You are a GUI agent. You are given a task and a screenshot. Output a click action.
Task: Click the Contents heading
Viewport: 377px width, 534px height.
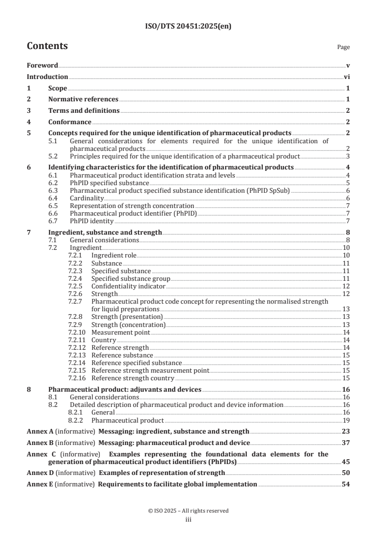point(47,46)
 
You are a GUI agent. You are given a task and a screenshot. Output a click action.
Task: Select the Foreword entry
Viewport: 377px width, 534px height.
point(42,65)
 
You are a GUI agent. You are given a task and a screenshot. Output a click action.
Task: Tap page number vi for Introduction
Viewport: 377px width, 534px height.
point(347,77)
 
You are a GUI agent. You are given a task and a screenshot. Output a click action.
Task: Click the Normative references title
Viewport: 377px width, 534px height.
point(83,99)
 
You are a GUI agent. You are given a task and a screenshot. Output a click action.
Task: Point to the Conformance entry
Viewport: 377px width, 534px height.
point(70,122)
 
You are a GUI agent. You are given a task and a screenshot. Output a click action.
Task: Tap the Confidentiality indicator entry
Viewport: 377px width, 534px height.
point(128,286)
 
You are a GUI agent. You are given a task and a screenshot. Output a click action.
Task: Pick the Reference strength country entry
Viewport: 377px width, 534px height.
point(133,378)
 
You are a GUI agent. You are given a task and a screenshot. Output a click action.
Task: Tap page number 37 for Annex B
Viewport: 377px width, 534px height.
point(346,443)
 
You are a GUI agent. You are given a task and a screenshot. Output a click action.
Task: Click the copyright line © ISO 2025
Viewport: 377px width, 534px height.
point(188,511)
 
